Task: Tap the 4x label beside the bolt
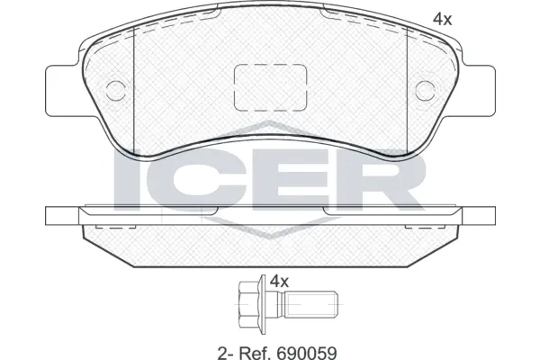click(279, 281)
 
